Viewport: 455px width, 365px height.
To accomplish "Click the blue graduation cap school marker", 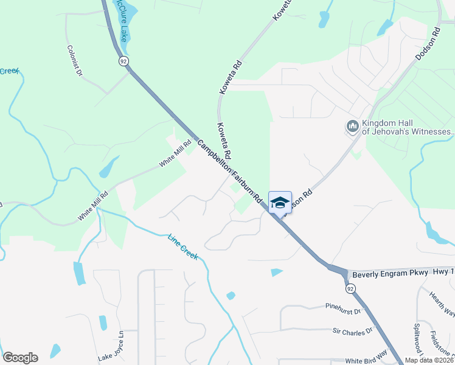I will [280, 203].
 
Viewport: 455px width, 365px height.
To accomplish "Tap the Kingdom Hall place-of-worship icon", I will [352, 127].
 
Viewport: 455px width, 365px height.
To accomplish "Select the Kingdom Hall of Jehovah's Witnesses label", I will [408, 127].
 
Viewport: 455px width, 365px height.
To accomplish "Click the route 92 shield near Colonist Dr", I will [123, 61].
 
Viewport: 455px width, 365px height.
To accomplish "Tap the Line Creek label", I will [182, 248].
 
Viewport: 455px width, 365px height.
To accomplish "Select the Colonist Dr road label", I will [74, 61].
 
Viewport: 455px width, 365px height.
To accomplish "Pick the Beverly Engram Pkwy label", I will [390, 274].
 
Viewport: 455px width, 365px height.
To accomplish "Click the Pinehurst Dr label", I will [343, 310].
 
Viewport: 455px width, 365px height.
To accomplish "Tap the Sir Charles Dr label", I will [352, 332].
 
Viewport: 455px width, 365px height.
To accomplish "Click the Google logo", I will [20, 358].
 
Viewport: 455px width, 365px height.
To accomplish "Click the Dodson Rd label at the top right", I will [427, 44].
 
